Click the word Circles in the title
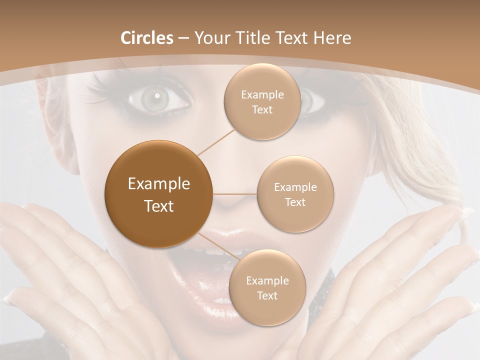(146, 38)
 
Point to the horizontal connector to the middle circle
(234, 193)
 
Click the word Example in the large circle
(158, 184)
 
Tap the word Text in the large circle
(158, 205)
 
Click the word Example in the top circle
(262, 95)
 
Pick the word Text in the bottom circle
(267, 295)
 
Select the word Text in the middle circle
(295, 202)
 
